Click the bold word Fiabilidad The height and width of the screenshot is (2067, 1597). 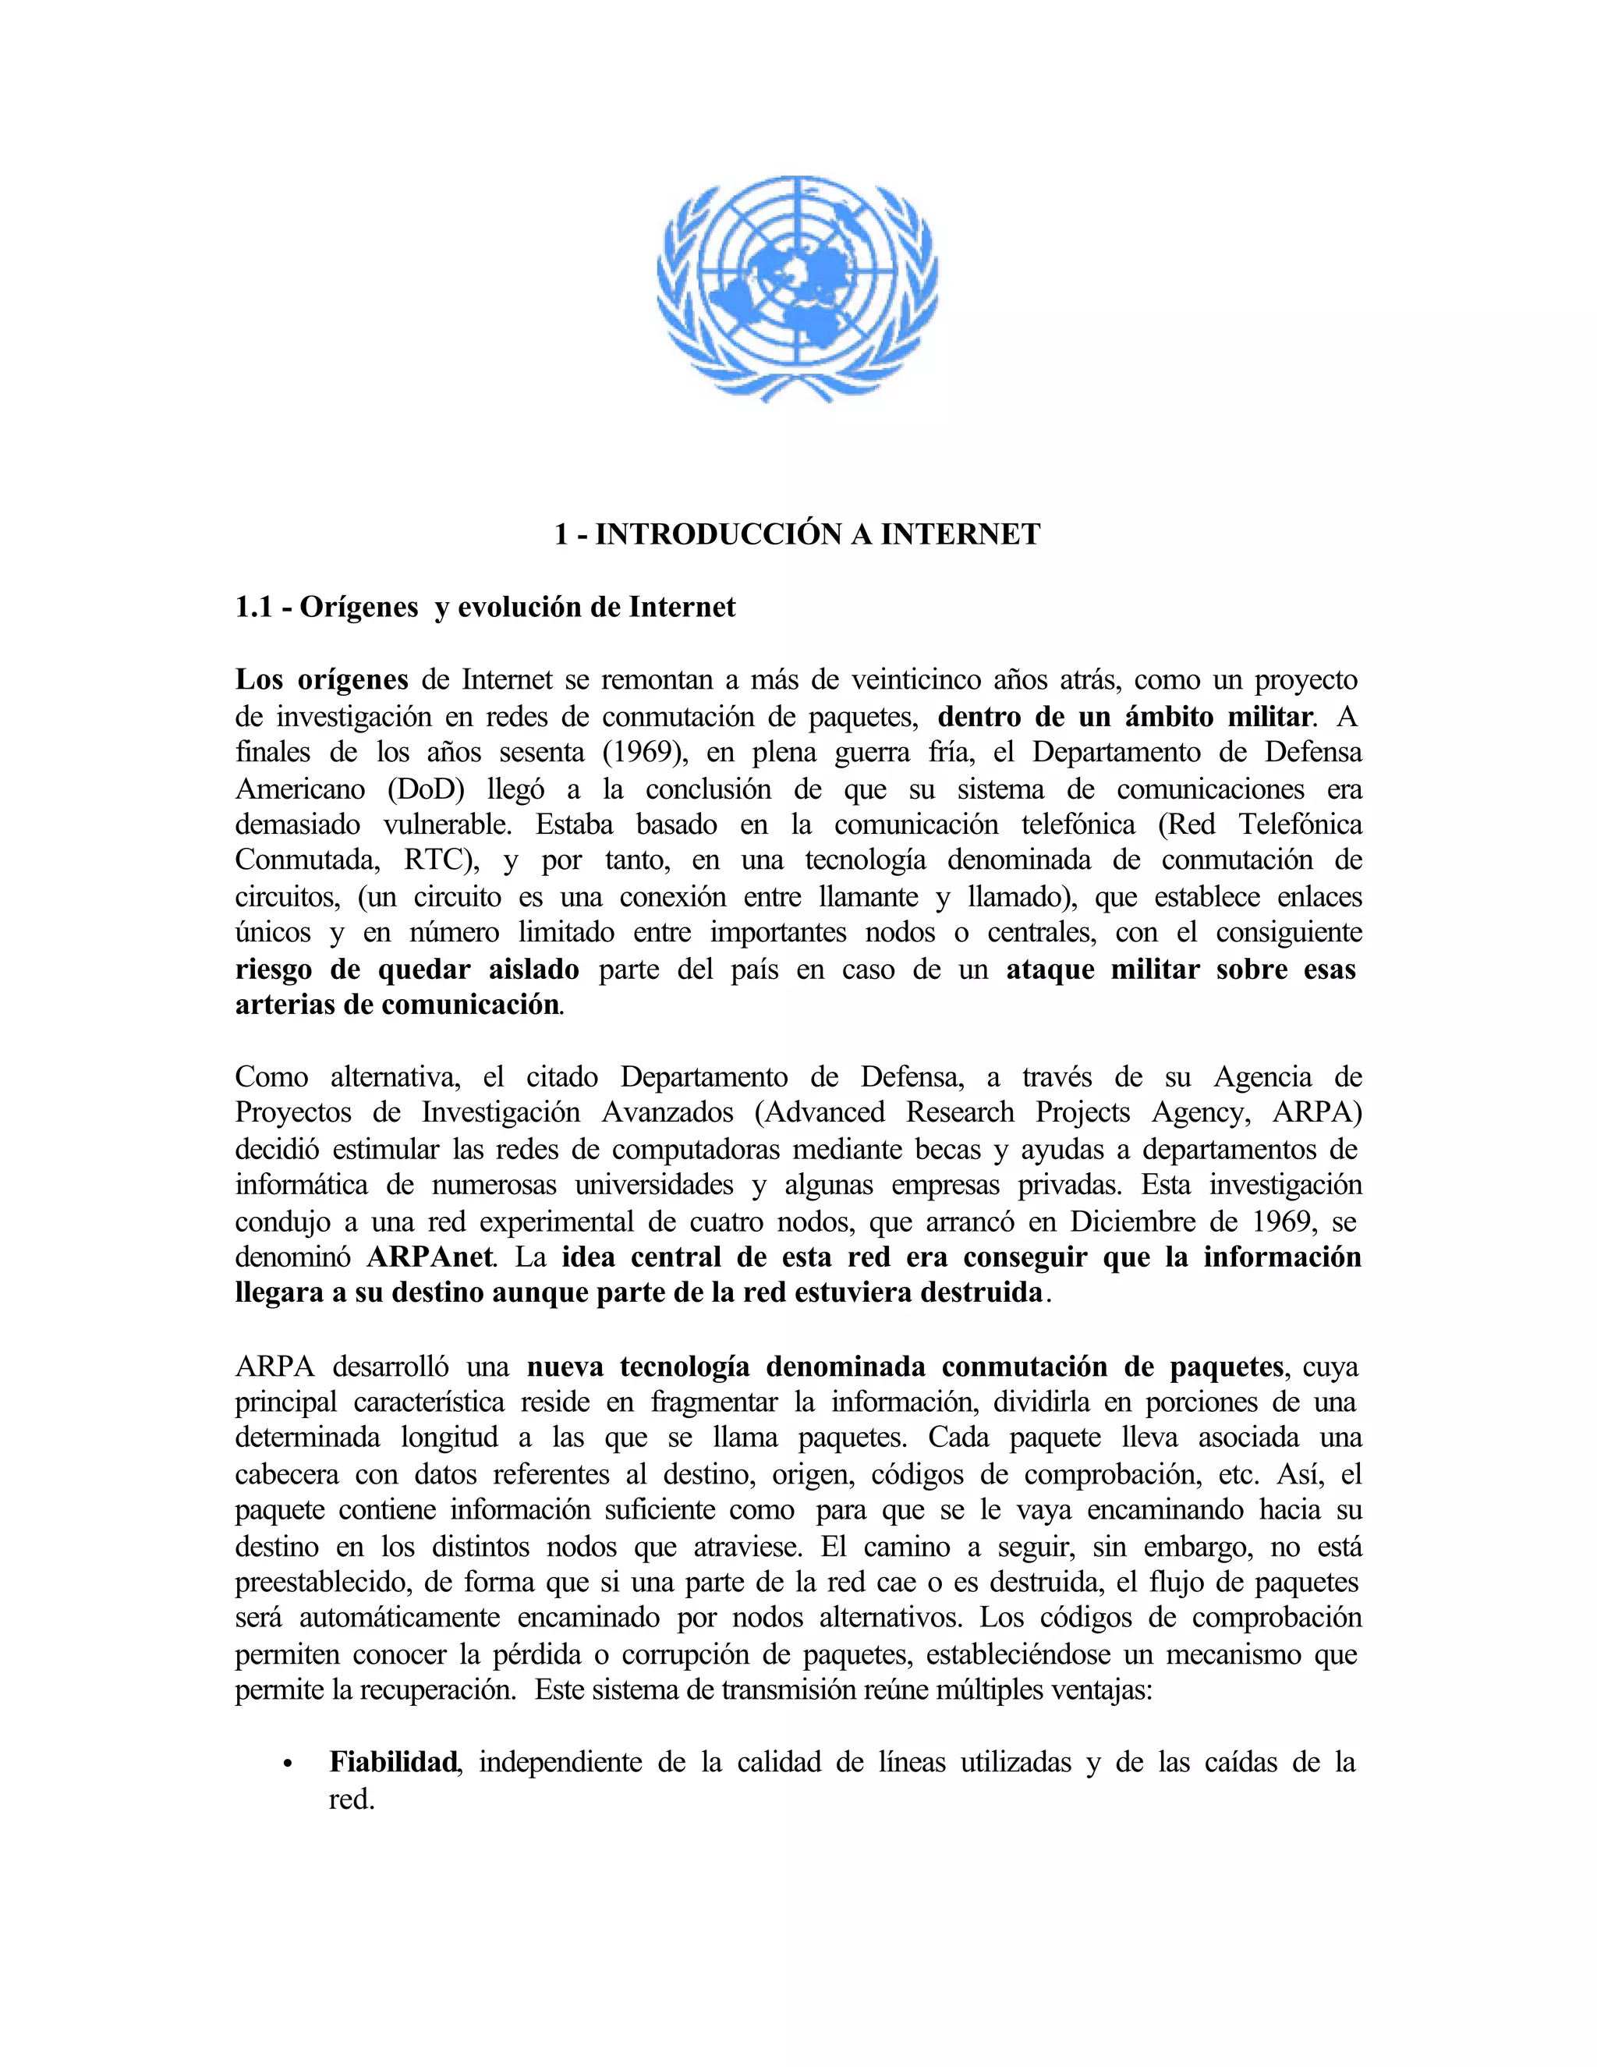coord(393,1762)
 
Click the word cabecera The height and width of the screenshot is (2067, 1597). coord(285,1474)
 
